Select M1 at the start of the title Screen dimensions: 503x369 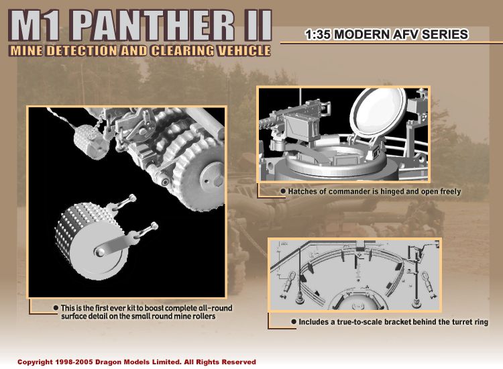click(x=37, y=25)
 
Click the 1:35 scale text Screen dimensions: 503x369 click(x=319, y=35)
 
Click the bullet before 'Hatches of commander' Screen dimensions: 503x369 click(x=283, y=191)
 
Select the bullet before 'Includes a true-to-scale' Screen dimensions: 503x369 click(x=294, y=321)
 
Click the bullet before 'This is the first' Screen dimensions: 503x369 click(x=56, y=308)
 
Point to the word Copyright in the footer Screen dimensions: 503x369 click(x=35, y=362)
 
